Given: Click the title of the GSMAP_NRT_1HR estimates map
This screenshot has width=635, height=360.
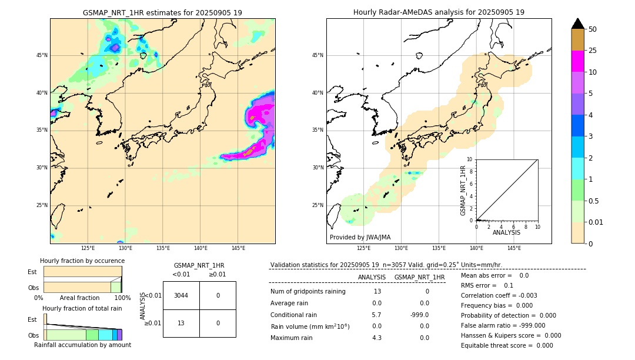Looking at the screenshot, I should tap(162, 12).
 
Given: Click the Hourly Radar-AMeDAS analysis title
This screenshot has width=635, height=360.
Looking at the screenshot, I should tap(439, 12).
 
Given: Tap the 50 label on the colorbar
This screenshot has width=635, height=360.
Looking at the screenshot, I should tap(593, 29).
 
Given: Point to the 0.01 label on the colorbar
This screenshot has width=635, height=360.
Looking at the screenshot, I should tap(596, 222).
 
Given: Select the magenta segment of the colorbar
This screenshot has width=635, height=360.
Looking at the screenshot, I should tap(577, 61).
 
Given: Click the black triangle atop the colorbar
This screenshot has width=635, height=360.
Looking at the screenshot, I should tap(577, 24).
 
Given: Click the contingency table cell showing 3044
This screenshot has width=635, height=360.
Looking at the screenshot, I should tap(181, 295).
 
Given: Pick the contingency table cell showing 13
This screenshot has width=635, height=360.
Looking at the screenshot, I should tap(181, 323).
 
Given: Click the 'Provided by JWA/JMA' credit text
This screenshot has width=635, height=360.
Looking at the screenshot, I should tap(360, 237).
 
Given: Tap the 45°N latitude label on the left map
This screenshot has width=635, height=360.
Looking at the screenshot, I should tap(41, 55).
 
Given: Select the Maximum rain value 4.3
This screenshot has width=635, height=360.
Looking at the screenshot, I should tap(376, 338).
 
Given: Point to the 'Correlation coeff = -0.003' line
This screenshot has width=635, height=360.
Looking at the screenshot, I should tap(499, 295).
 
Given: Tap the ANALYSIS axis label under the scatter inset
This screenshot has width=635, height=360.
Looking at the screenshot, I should tap(506, 233).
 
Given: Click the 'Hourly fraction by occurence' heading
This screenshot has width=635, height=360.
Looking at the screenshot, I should tap(82, 261).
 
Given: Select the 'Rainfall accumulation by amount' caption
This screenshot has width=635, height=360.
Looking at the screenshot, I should tap(82, 345).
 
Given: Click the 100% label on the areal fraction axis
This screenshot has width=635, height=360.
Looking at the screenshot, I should tap(122, 298).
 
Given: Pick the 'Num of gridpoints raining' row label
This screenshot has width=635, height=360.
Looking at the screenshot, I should tap(308, 291).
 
